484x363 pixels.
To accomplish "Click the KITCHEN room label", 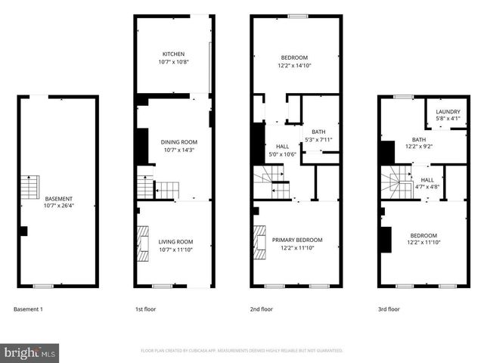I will click(173, 54).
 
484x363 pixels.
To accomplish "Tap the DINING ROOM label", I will click(179, 142).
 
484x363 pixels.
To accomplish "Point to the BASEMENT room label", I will click(59, 198).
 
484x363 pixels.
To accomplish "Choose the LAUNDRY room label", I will click(448, 110).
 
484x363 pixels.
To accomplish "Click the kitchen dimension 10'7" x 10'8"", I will click(173, 62).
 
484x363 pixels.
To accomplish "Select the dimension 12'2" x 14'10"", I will click(294, 66).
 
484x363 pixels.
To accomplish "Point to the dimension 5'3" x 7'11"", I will click(318, 138).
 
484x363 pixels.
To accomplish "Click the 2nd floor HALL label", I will click(282, 146).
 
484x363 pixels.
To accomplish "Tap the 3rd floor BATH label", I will click(419, 140).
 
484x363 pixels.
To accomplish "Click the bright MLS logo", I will click(30, 353).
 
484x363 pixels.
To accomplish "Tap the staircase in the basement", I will click(28, 186).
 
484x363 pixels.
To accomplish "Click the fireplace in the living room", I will click(142, 240).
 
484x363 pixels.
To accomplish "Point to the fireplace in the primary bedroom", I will click(259, 240).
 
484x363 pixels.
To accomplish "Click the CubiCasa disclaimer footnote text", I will click(242, 351).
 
